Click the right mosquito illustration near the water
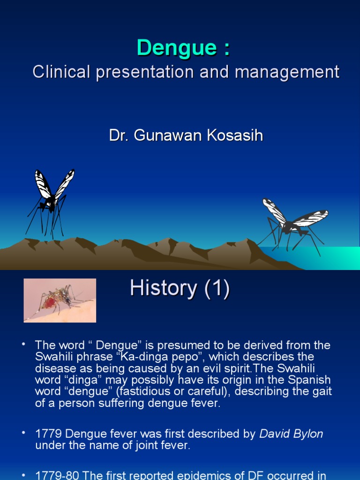293,223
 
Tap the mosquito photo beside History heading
60,300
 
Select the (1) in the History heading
214,288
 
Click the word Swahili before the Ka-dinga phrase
53,357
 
